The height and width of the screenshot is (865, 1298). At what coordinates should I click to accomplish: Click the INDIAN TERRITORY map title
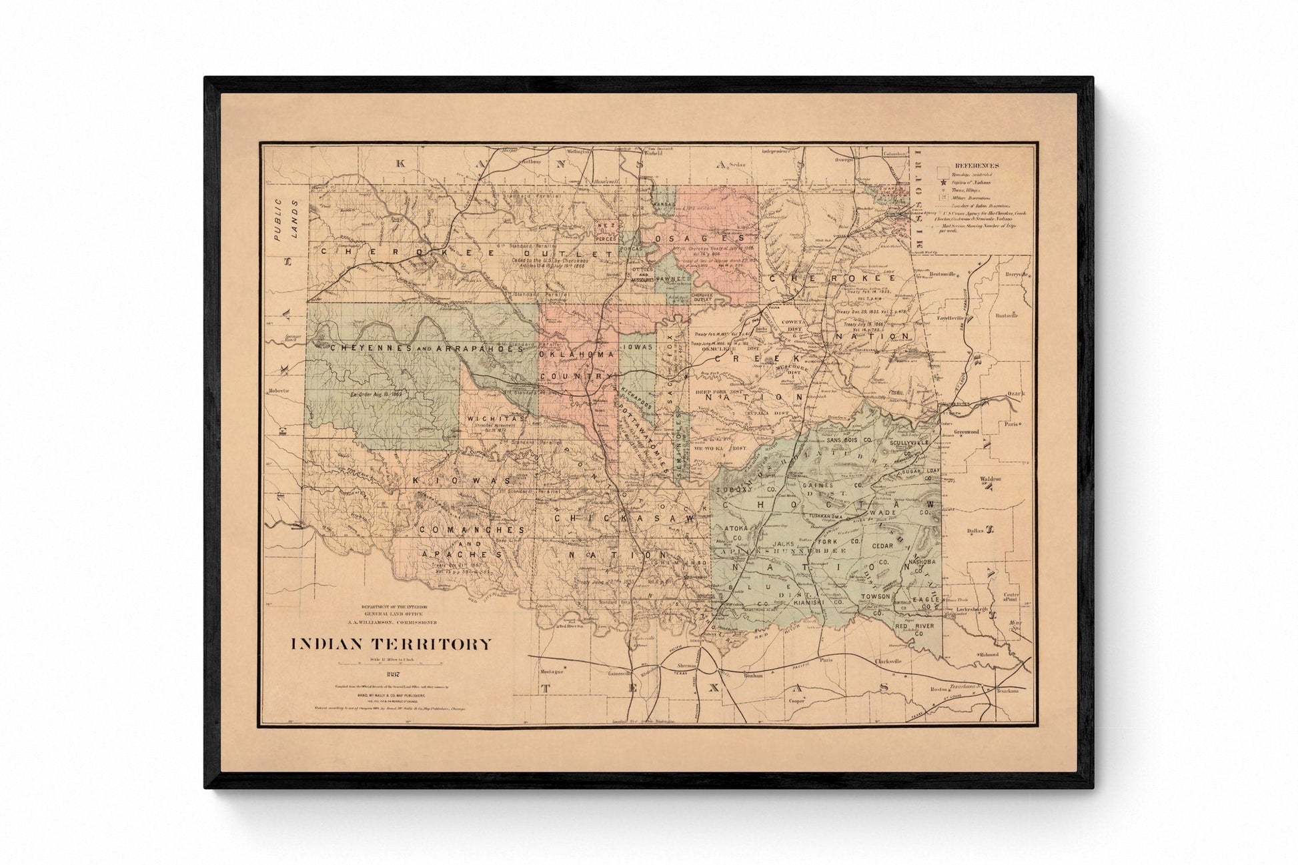[x=390, y=644]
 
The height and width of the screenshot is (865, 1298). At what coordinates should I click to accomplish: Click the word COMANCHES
[x=472, y=530]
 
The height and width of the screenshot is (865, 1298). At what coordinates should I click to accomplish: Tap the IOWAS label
[x=638, y=347]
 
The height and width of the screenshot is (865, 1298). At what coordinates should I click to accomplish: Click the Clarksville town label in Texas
[x=887, y=661]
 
